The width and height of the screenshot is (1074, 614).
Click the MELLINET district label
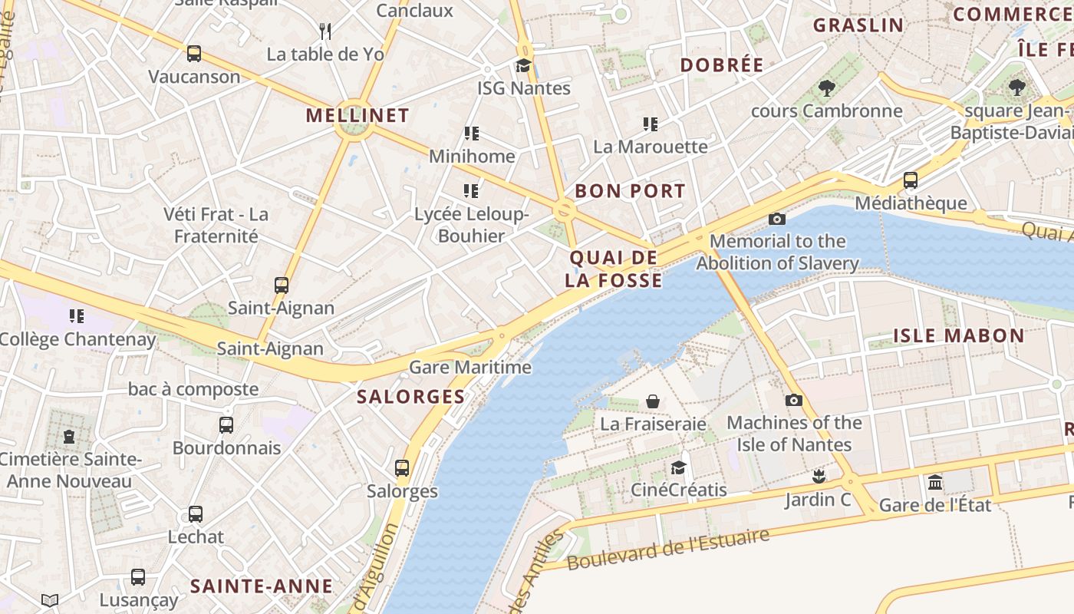[357, 116]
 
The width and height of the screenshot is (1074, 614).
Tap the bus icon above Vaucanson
[194, 54]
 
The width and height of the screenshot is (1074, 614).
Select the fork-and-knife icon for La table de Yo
[325, 31]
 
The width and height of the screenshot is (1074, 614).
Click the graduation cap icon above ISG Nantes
[524, 65]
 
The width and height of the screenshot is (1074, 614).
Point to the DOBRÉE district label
[722, 65]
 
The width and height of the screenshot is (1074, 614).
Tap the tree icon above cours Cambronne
[826, 88]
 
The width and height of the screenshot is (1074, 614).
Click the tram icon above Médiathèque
[911, 180]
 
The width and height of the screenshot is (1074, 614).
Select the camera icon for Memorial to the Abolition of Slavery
[777, 220]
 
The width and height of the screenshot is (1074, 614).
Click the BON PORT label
[630, 191]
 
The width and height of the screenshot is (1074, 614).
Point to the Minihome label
[472, 157]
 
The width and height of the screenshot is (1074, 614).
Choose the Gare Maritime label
[470, 367]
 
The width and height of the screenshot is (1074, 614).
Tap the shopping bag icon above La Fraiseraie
[653, 401]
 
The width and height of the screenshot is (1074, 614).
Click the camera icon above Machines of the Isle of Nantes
[794, 401]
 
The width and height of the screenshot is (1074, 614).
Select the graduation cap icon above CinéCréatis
[678, 467]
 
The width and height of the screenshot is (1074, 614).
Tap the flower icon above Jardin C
[819, 477]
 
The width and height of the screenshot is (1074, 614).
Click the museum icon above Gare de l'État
[935, 482]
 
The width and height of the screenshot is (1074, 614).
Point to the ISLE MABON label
[959, 335]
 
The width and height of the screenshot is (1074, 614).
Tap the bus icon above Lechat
[196, 514]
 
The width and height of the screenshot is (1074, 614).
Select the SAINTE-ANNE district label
[262, 586]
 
